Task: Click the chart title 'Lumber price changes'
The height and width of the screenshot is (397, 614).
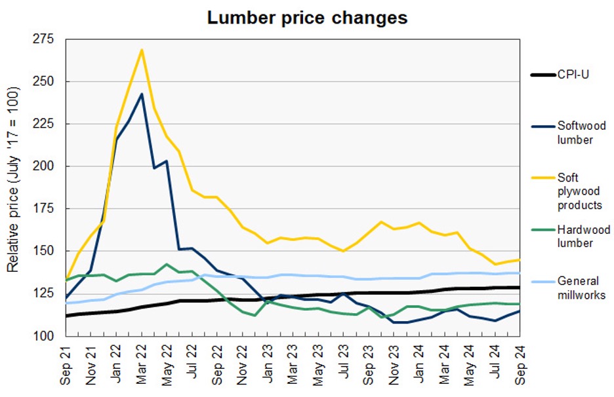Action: [307, 18]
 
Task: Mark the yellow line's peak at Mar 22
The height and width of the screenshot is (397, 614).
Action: [142, 50]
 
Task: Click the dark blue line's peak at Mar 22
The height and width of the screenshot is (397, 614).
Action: [142, 94]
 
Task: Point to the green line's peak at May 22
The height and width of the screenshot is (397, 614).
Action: [167, 264]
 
